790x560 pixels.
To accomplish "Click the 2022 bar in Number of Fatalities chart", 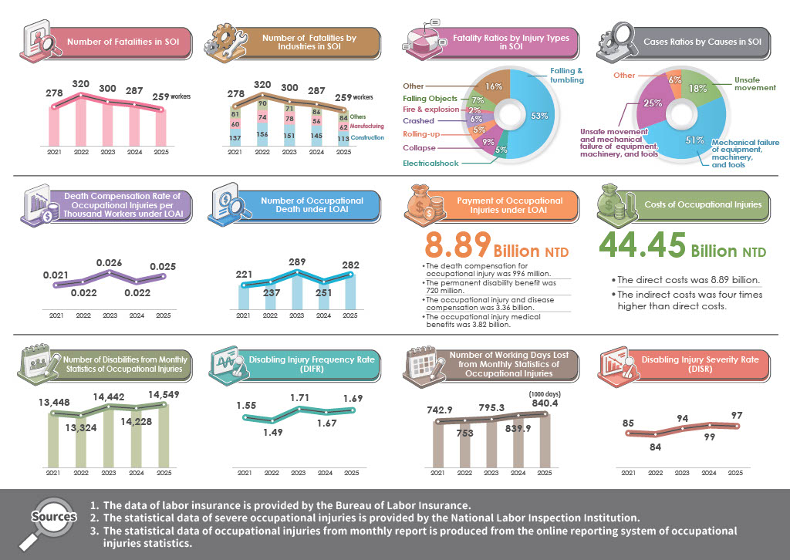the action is pyautogui.click(x=80, y=120).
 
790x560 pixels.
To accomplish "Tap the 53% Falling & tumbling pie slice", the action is pyautogui.click(x=535, y=115).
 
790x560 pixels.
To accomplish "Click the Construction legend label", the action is pyautogui.click(x=367, y=137).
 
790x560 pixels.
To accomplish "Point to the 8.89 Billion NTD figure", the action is pyautogui.click(x=497, y=246).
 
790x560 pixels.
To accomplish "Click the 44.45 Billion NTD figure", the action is pyautogui.click(x=683, y=245).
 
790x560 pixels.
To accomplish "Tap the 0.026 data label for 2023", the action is pyautogui.click(x=110, y=263).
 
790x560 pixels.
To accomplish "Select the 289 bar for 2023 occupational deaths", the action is pyautogui.click(x=297, y=291).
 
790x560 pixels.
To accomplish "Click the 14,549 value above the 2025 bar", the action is pyautogui.click(x=164, y=395).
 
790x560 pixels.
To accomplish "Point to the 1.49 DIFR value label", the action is pyautogui.click(x=273, y=432).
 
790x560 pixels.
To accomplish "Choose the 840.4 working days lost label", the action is pyautogui.click(x=545, y=403).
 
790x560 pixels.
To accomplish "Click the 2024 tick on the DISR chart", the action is pyautogui.click(x=709, y=473).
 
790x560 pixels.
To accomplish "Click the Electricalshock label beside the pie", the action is pyautogui.click(x=430, y=164).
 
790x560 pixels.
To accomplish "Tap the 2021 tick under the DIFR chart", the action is pyautogui.click(x=245, y=473).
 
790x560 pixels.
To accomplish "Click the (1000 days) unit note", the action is pyautogui.click(x=545, y=394).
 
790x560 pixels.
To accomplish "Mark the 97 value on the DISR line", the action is pyautogui.click(x=737, y=416).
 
